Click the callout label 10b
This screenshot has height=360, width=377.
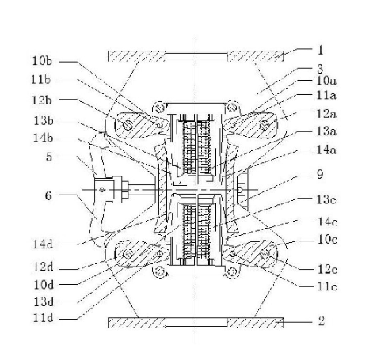click(x=42, y=61)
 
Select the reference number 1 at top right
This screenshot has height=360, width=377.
click(x=320, y=50)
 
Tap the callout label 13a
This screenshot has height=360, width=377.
click(x=326, y=131)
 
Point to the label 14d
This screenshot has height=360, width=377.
click(x=43, y=244)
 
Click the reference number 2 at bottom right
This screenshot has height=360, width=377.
click(x=321, y=321)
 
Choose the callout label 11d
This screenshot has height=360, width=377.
click(x=43, y=318)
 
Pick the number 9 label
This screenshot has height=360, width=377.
click(x=320, y=174)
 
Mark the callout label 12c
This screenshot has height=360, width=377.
click(x=327, y=269)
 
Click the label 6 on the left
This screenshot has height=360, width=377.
click(x=48, y=196)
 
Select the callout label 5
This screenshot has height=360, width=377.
click(x=49, y=157)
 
